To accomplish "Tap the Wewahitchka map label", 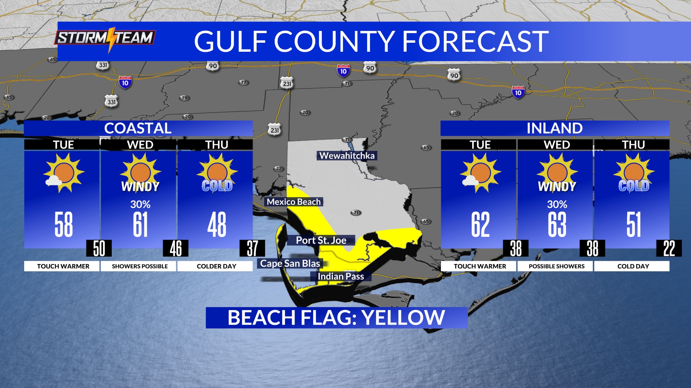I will click(x=347, y=156).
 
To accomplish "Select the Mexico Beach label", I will click(x=294, y=202).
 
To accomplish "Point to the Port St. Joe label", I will click(x=321, y=240).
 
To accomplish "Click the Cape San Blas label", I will click(x=290, y=263).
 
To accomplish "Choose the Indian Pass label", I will click(x=340, y=276).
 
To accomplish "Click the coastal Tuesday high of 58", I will click(x=64, y=225).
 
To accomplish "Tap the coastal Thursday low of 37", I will click(x=252, y=248).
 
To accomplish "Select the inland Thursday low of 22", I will click(x=669, y=248).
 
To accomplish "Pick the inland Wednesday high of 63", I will click(x=557, y=225).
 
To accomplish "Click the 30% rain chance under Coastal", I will click(x=140, y=204).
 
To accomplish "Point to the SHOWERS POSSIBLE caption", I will click(x=140, y=266).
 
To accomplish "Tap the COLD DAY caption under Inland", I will click(x=633, y=266).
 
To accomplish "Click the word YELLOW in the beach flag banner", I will click(x=403, y=318).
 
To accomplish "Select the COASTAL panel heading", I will click(x=138, y=128).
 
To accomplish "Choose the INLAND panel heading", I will click(x=555, y=128).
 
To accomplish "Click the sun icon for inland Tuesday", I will click(x=480, y=173).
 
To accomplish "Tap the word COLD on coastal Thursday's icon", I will click(x=217, y=186).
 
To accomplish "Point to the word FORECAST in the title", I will click(x=475, y=41).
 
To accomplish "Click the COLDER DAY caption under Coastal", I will click(x=217, y=266).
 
